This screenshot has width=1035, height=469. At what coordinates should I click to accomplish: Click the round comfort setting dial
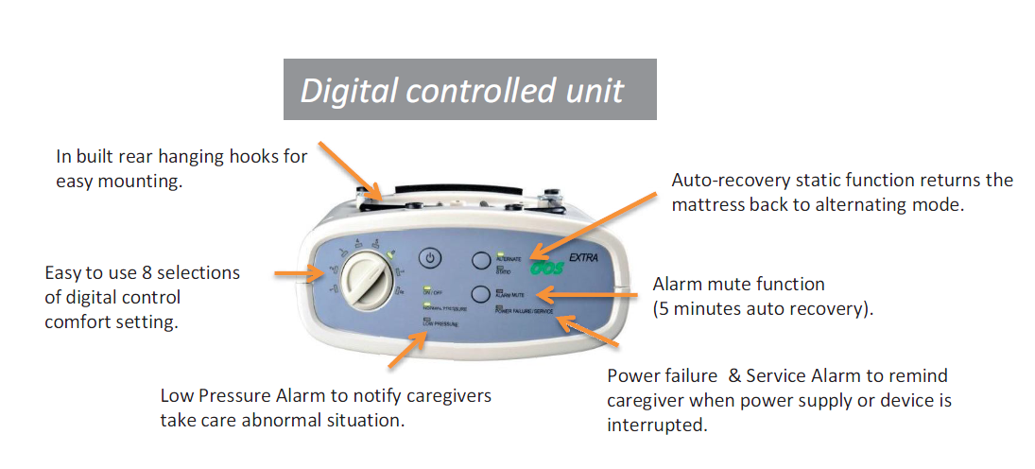(x=365, y=281)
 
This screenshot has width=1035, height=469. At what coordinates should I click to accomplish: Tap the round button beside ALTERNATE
(x=480, y=261)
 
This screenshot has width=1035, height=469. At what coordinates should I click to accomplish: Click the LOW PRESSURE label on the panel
(x=440, y=324)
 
